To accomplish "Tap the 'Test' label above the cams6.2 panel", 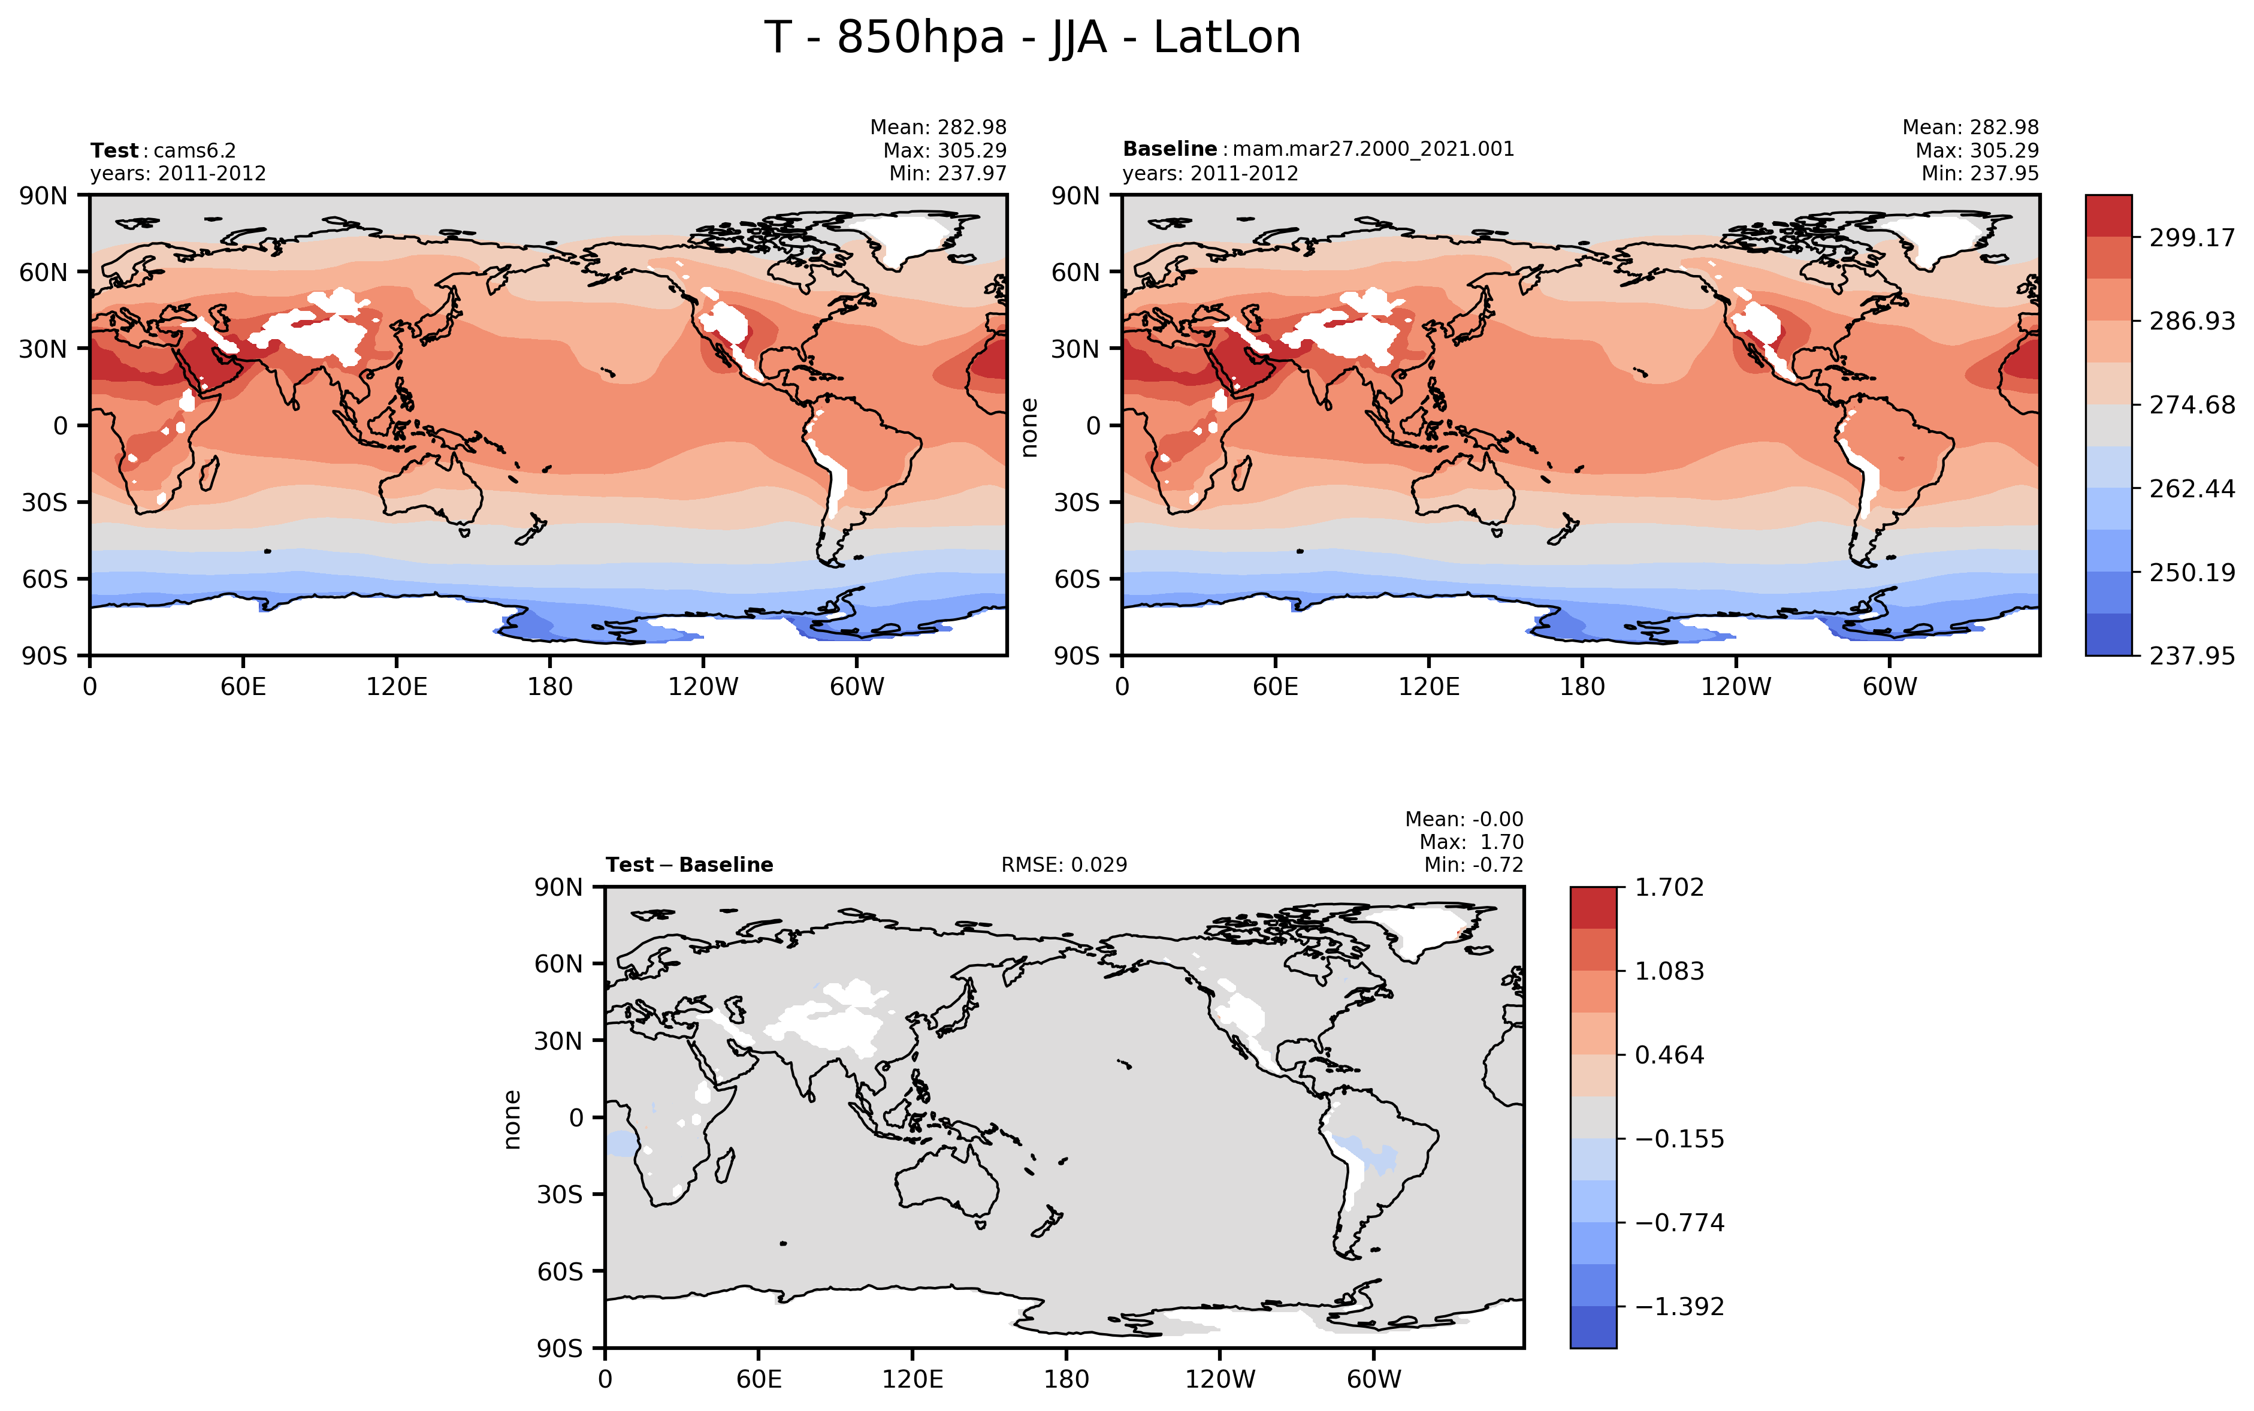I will [114, 150].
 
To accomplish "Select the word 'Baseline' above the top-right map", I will [1169, 149].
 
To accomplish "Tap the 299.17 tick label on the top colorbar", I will [2192, 238].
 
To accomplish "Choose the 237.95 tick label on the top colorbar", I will [2192, 656].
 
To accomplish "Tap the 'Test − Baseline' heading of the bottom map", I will [688, 865].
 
